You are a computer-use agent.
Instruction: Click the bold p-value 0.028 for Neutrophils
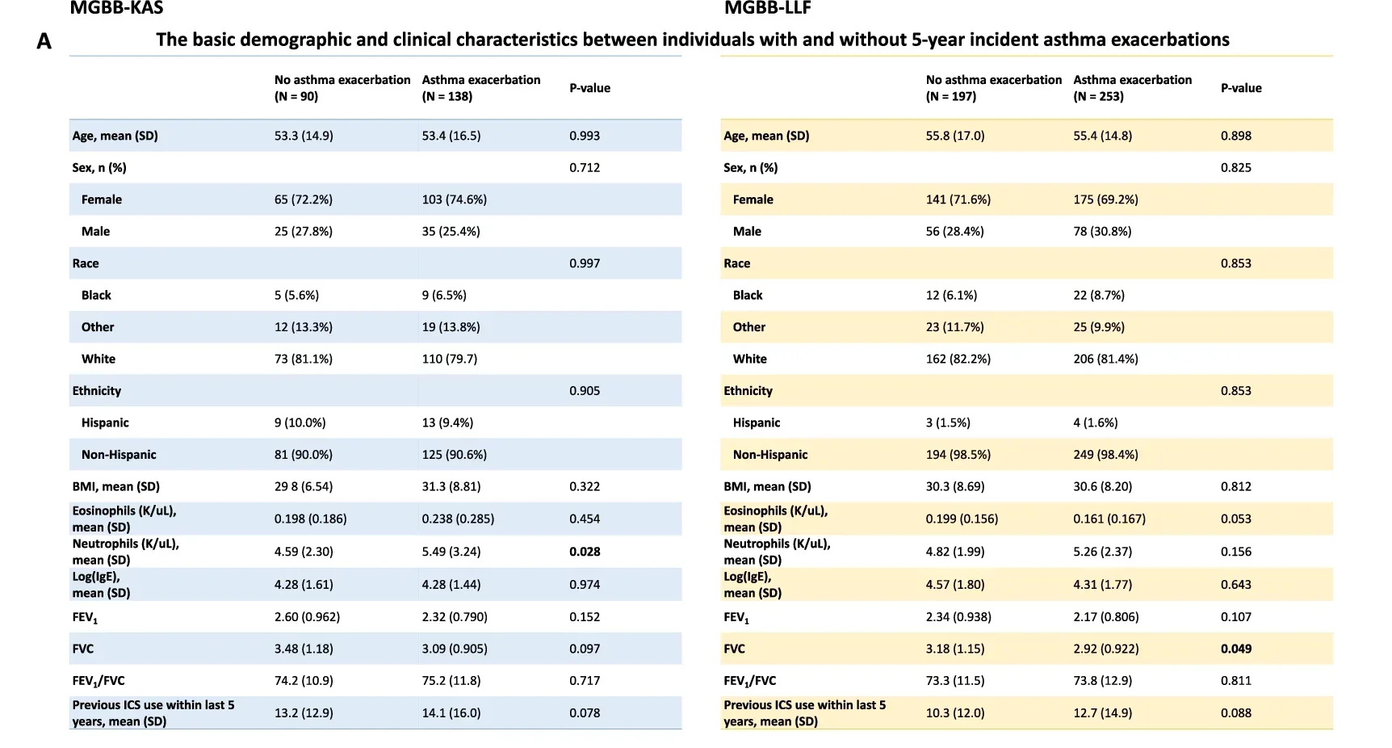585,552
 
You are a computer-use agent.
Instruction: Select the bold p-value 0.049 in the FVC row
1235,649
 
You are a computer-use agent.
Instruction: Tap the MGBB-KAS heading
116,9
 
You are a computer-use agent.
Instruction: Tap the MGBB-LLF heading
767,9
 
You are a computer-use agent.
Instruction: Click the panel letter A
44,41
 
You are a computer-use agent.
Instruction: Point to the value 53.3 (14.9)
304,136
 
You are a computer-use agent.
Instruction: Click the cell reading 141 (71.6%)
958,200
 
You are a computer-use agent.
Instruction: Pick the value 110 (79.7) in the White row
449,359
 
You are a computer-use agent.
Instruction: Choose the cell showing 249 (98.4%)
1105,455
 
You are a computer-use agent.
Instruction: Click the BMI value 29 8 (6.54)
304,486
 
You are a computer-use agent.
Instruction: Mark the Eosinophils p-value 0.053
1235,519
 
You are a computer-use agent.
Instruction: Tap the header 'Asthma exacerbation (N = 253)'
1132,88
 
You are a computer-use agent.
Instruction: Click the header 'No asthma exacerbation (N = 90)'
342,88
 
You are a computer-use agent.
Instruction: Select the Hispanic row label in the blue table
105,422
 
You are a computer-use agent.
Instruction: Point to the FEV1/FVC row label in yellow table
749,681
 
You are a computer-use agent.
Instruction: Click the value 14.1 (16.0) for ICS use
451,713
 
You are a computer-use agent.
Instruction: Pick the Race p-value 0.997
585,263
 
